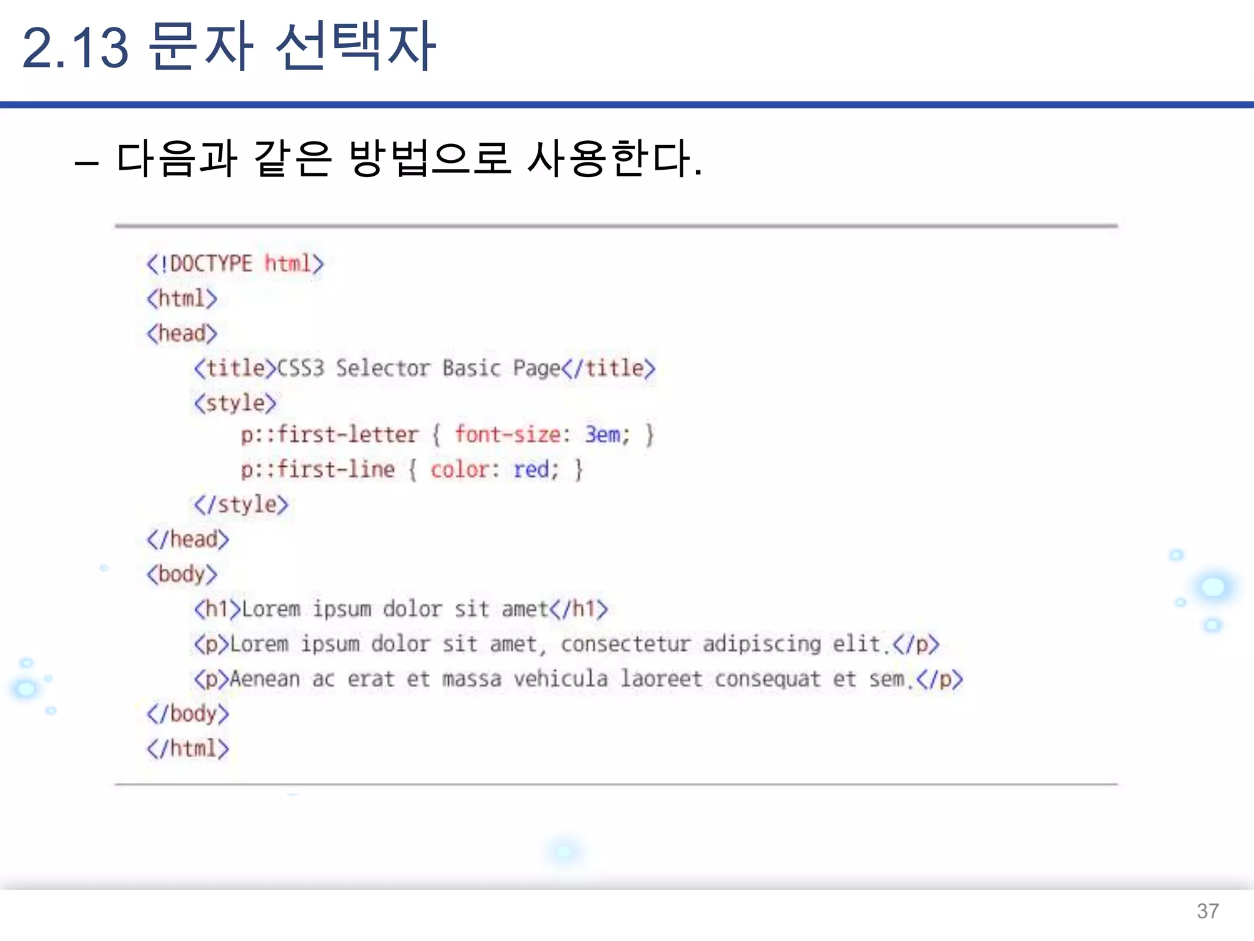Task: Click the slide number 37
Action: (x=1207, y=911)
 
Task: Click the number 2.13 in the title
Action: (x=75, y=48)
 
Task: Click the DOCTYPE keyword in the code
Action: (x=211, y=264)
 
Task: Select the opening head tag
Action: (x=182, y=334)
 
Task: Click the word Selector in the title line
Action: (x=383, y=368)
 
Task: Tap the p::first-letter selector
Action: (x=329, y=435)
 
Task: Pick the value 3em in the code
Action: (x=603, y=435)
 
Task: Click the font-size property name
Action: (x=508, y=435)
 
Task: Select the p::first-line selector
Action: (x=317, y=470)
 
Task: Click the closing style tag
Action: (x=241, y=505)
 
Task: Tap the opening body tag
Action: (x=182, y=575)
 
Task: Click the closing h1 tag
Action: (x=579, y=610)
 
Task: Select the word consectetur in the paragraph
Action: (x=625, y=644)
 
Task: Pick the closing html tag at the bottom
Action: (x=187, y=749)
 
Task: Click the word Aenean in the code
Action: (x=265, y=679)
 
